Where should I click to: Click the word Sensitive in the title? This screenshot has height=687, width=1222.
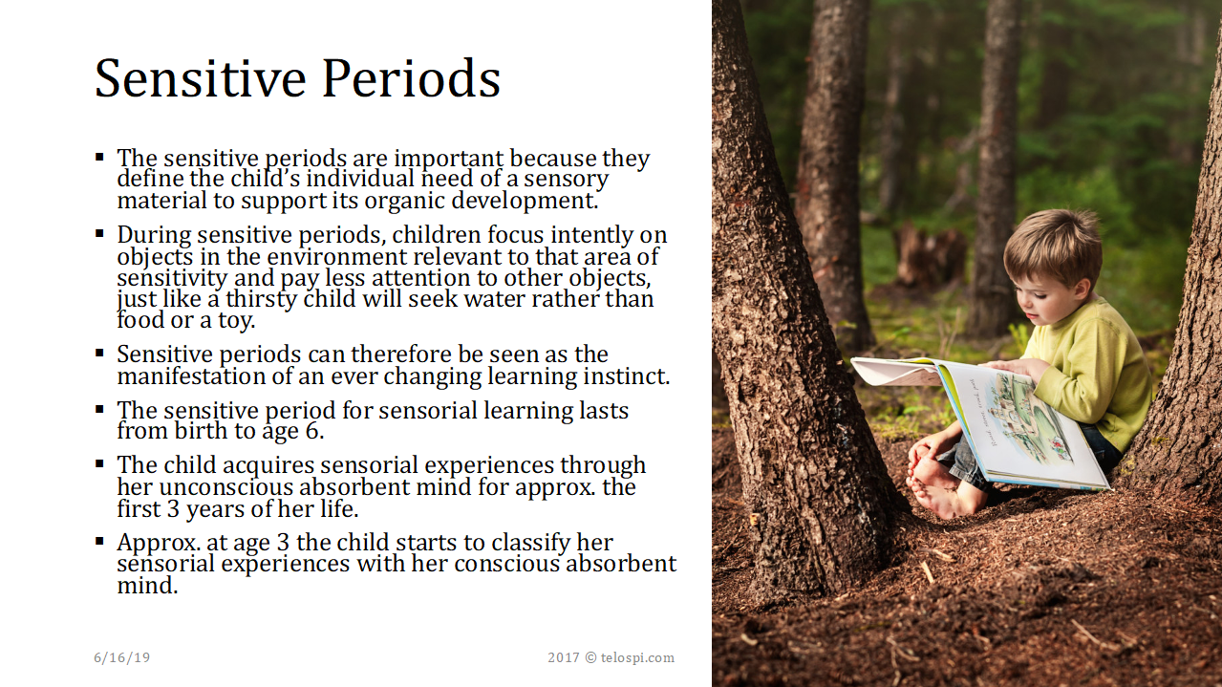click(201, 78)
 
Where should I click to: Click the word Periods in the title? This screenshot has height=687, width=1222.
click(412, 78)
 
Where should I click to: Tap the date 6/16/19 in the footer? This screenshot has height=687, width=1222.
click(121, 657)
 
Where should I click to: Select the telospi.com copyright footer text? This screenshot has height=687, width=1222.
click(611, 657)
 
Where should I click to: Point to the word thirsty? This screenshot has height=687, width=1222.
click(262, 299)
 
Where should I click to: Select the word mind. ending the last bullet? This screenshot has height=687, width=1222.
click(147, 586)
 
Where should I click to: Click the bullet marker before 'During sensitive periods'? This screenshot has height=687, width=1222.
click(99, 234)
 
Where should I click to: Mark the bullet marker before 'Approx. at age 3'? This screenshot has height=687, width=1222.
click(99, 542)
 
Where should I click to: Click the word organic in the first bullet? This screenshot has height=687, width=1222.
click(405, 201)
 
